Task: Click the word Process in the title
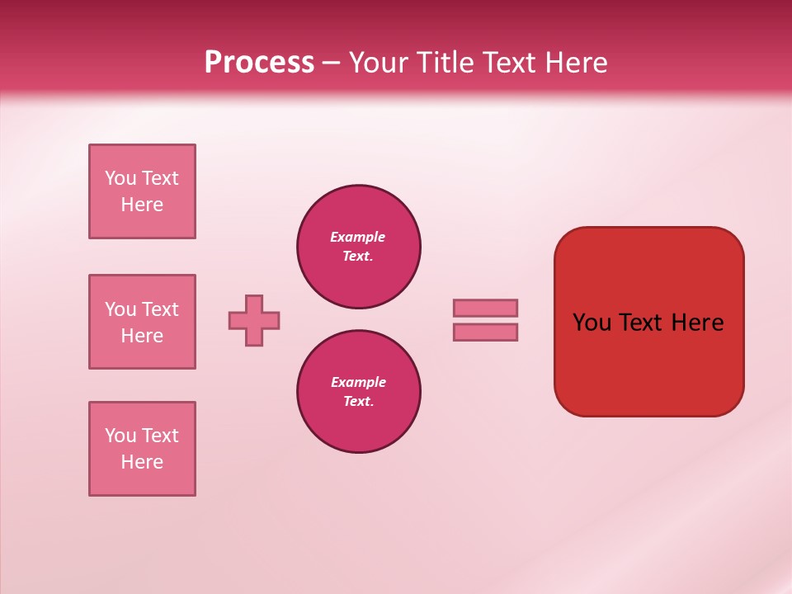click(259, 63)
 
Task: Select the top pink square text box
click(142, 191)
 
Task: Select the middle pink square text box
click(142, 322)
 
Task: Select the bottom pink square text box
click(142, 449)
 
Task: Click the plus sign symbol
click(254, 320)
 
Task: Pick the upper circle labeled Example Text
click(359, 247)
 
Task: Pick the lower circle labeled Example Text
click(359, 392)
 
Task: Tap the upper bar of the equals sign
click(485, 308)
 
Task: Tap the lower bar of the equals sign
click(485, 332)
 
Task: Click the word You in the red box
click(592, 323)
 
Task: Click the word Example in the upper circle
click(358, 237)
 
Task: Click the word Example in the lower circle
click(358, 382)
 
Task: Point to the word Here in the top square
click(142, 205)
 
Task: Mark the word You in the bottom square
click(120, 436)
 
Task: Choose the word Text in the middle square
click(160, 309)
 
